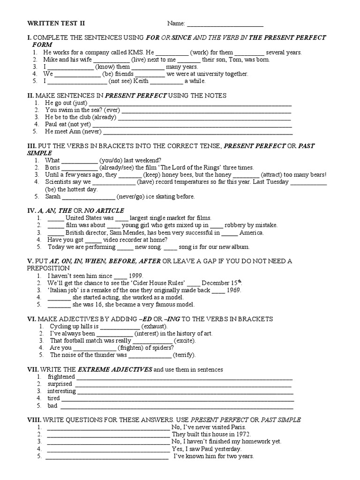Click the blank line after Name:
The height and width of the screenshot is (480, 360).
[x=225, y=24]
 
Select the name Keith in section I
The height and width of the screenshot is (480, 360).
[x=141, y=81]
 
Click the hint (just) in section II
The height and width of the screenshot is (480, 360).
[x=80, y=103]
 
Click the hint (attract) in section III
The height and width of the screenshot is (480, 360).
[x=271, y=174]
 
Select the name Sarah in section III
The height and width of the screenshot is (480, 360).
[x=53, y=196]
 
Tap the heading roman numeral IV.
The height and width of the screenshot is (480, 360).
[x=30, y=210]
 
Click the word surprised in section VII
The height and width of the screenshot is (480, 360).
[x=60, y=384]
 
